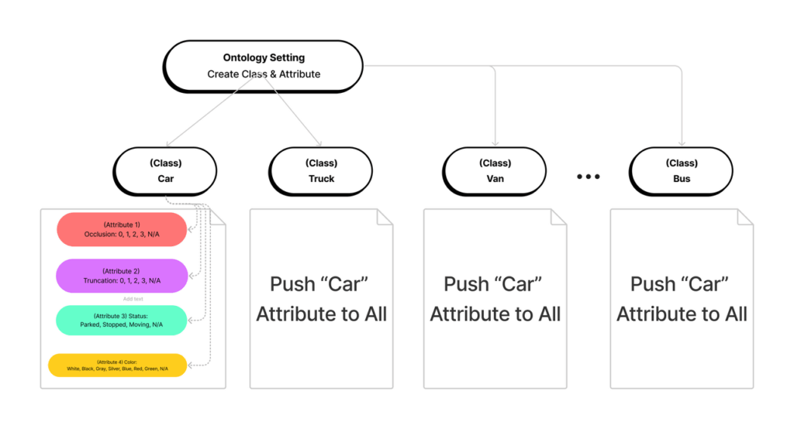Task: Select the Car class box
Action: tap(165, 171)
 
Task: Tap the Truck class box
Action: tap(321, 171)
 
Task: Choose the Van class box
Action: tap(495, 171)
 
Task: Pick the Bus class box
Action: tap(682, 171)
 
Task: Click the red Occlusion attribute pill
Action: tap(122, 229)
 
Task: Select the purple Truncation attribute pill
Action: tap(122, 276)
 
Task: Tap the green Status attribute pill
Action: tap(122, 320)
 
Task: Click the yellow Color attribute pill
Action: tap(118, 365)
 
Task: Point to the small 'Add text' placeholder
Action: tap(133, 299)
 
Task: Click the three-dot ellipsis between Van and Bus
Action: tap(589, 177)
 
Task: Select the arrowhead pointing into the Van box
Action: tap(495, 143)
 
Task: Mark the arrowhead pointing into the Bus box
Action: tap(682, 143)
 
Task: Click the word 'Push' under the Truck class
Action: tap(293, 284)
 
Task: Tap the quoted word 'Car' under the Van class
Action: tap(519, 284)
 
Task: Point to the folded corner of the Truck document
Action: tap(385, 217)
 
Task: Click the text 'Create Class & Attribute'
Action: tap(264, 74)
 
